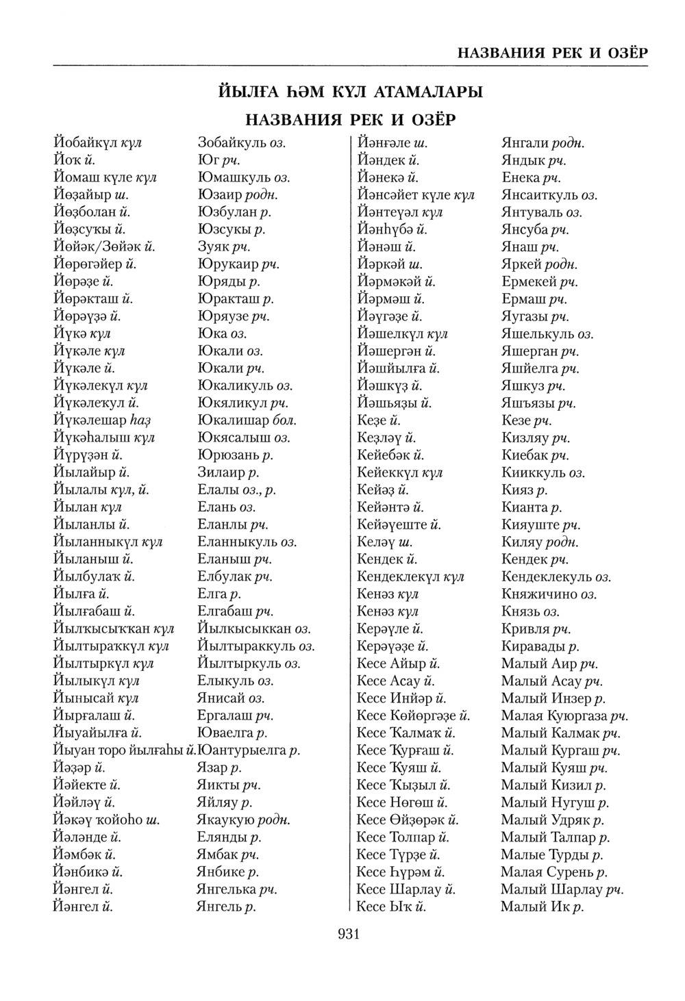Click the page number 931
click(349, 935)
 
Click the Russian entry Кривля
click(526, 629)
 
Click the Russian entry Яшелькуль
click(538, 334)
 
